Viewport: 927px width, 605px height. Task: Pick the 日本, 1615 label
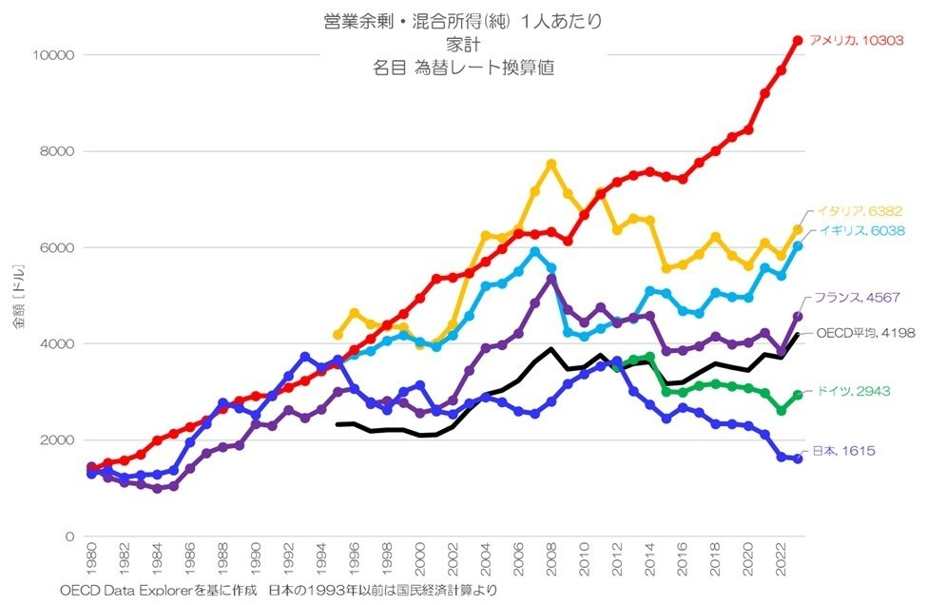(842, 450)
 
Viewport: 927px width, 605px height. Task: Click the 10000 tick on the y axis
(53, 55)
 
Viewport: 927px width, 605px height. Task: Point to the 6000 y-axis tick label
(56, 248)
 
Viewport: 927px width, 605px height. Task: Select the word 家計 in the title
(465, 44)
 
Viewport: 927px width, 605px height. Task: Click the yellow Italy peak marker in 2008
(551, 164)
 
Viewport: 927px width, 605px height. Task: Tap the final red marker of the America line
(799, 40)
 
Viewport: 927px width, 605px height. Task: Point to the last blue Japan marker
(799, 459)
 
